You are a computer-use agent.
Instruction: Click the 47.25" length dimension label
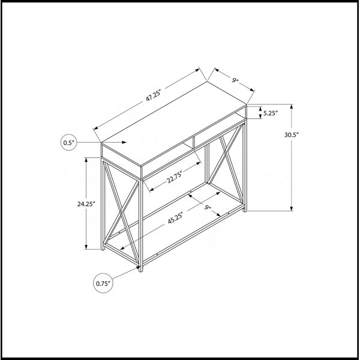154,95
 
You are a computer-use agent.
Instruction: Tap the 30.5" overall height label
291,135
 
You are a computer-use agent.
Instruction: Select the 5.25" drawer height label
271,113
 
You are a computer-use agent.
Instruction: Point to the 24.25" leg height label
86,204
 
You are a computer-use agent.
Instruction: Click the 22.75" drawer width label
174,177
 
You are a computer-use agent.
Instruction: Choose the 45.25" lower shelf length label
175,218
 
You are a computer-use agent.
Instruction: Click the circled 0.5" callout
69,143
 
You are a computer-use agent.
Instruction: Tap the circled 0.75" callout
103,284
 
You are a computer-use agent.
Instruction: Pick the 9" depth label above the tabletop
235,80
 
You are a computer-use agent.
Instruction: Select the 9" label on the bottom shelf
208,208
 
